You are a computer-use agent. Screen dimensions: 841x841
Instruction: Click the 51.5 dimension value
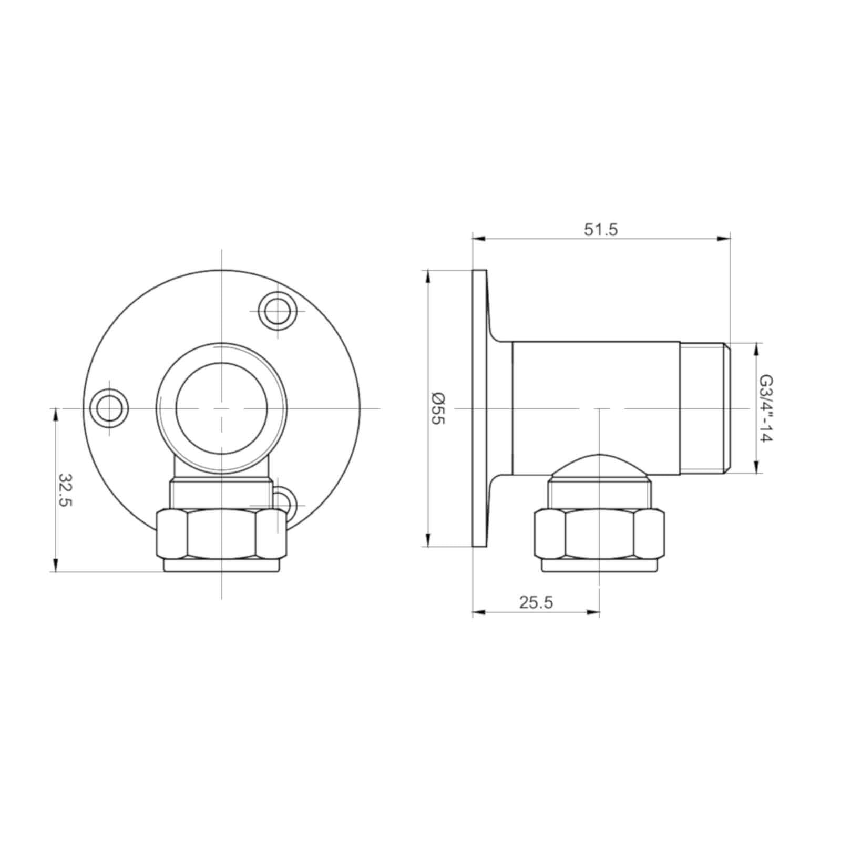(x=601, y=230)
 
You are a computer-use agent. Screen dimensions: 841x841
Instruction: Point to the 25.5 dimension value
(x=536, y=602)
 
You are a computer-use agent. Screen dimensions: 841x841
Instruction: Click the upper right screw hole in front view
(x=277, y=311)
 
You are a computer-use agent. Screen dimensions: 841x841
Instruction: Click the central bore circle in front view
(x=221, y=408)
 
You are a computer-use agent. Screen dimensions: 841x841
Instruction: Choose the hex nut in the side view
(x=599, y=534)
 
